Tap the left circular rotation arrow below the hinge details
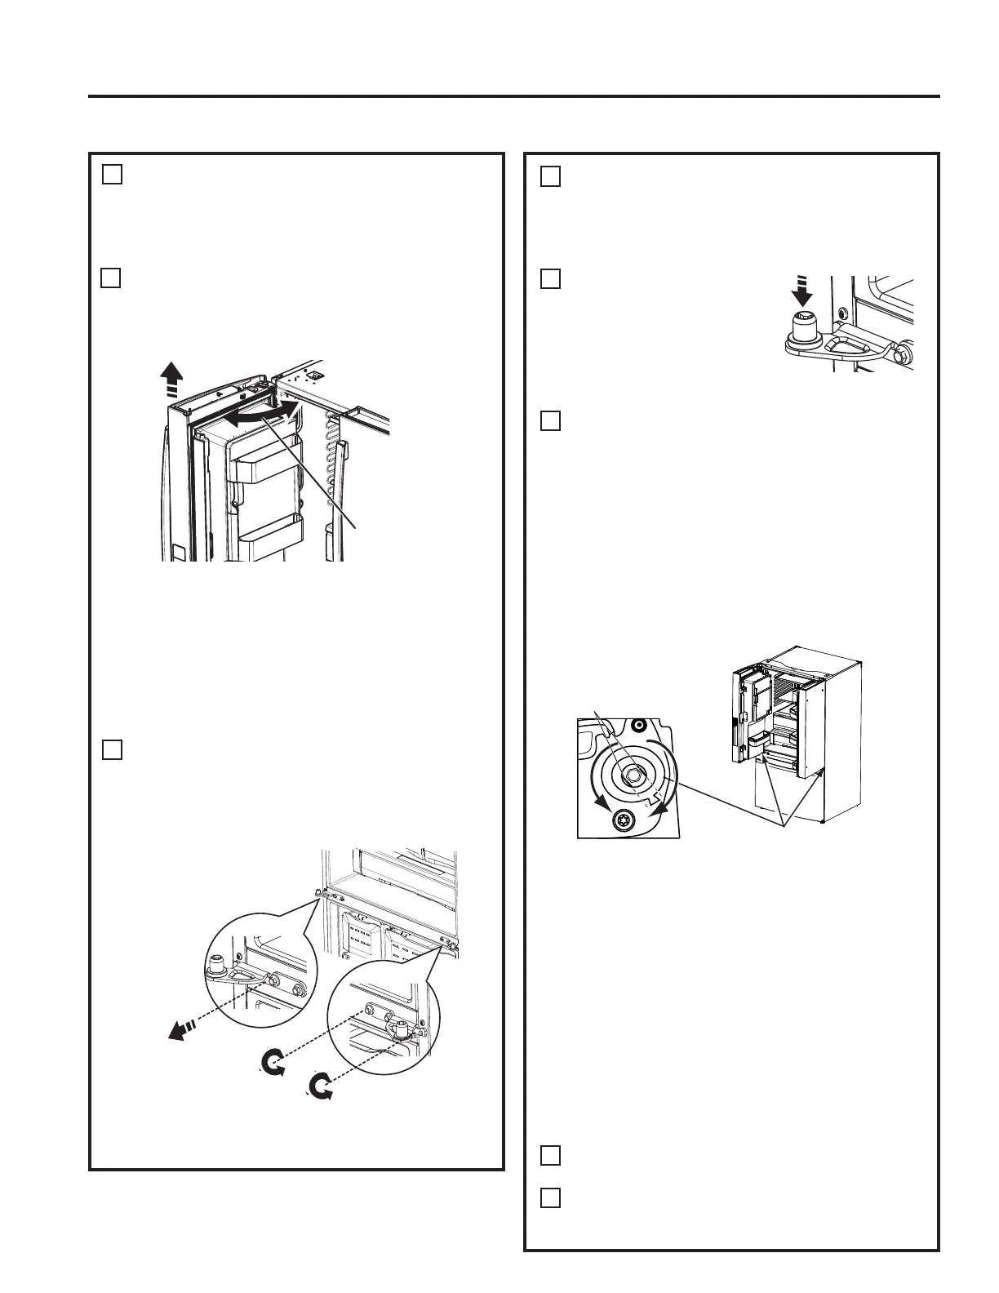pos(273,1064)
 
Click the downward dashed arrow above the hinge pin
pos(804,291)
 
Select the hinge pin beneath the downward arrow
pos(804,326)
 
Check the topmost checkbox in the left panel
pos(113,175)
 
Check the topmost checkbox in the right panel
pos(551,176)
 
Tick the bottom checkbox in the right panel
pos(551,1197)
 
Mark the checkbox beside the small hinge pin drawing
pos(551,279)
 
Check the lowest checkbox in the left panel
pos(113,749)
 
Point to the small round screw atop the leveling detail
pos(639,724)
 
